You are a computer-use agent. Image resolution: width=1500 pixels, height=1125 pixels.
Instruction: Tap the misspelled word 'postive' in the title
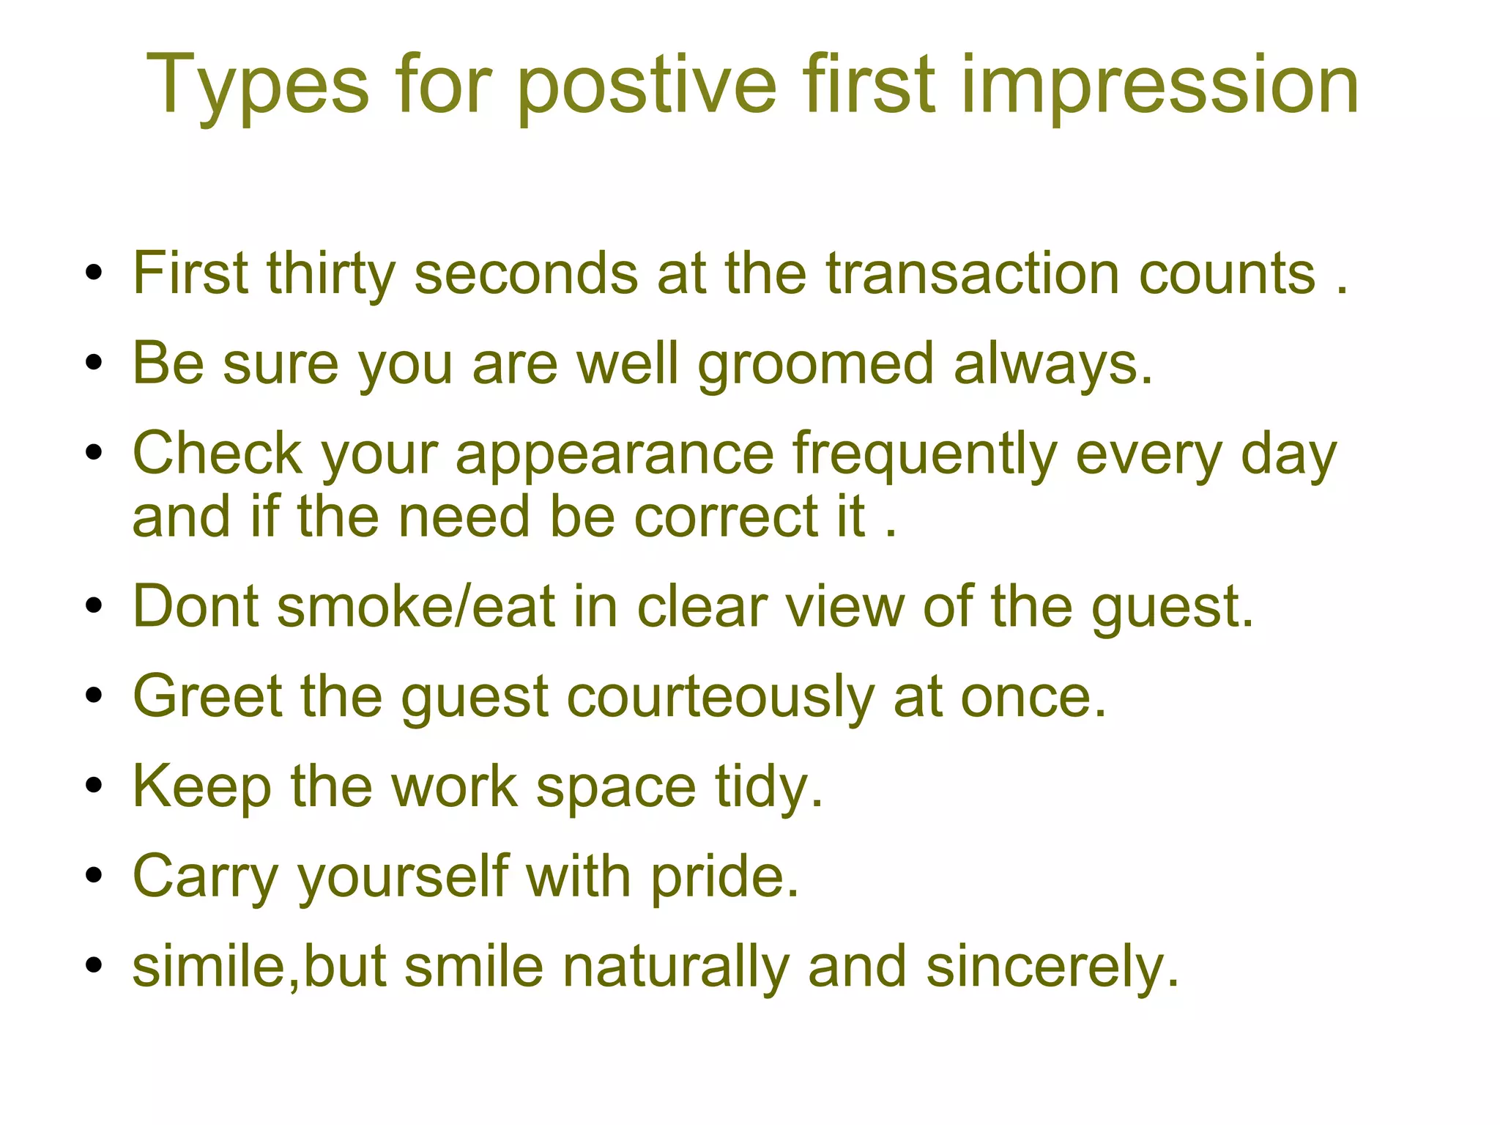pos(646,86)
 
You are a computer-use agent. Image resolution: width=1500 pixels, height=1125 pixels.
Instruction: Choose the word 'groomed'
pos(815,365)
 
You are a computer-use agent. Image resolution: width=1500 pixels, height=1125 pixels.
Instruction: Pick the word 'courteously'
pos(720,697)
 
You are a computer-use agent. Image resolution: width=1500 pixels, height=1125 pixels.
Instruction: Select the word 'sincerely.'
pos(1052,967)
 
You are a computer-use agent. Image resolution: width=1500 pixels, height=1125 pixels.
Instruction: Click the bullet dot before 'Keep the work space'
pos(93,786)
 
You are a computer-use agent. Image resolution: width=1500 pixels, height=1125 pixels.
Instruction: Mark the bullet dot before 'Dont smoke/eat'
pos(93,607)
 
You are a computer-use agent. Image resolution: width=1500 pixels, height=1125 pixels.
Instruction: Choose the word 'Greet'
pos(207,696)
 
